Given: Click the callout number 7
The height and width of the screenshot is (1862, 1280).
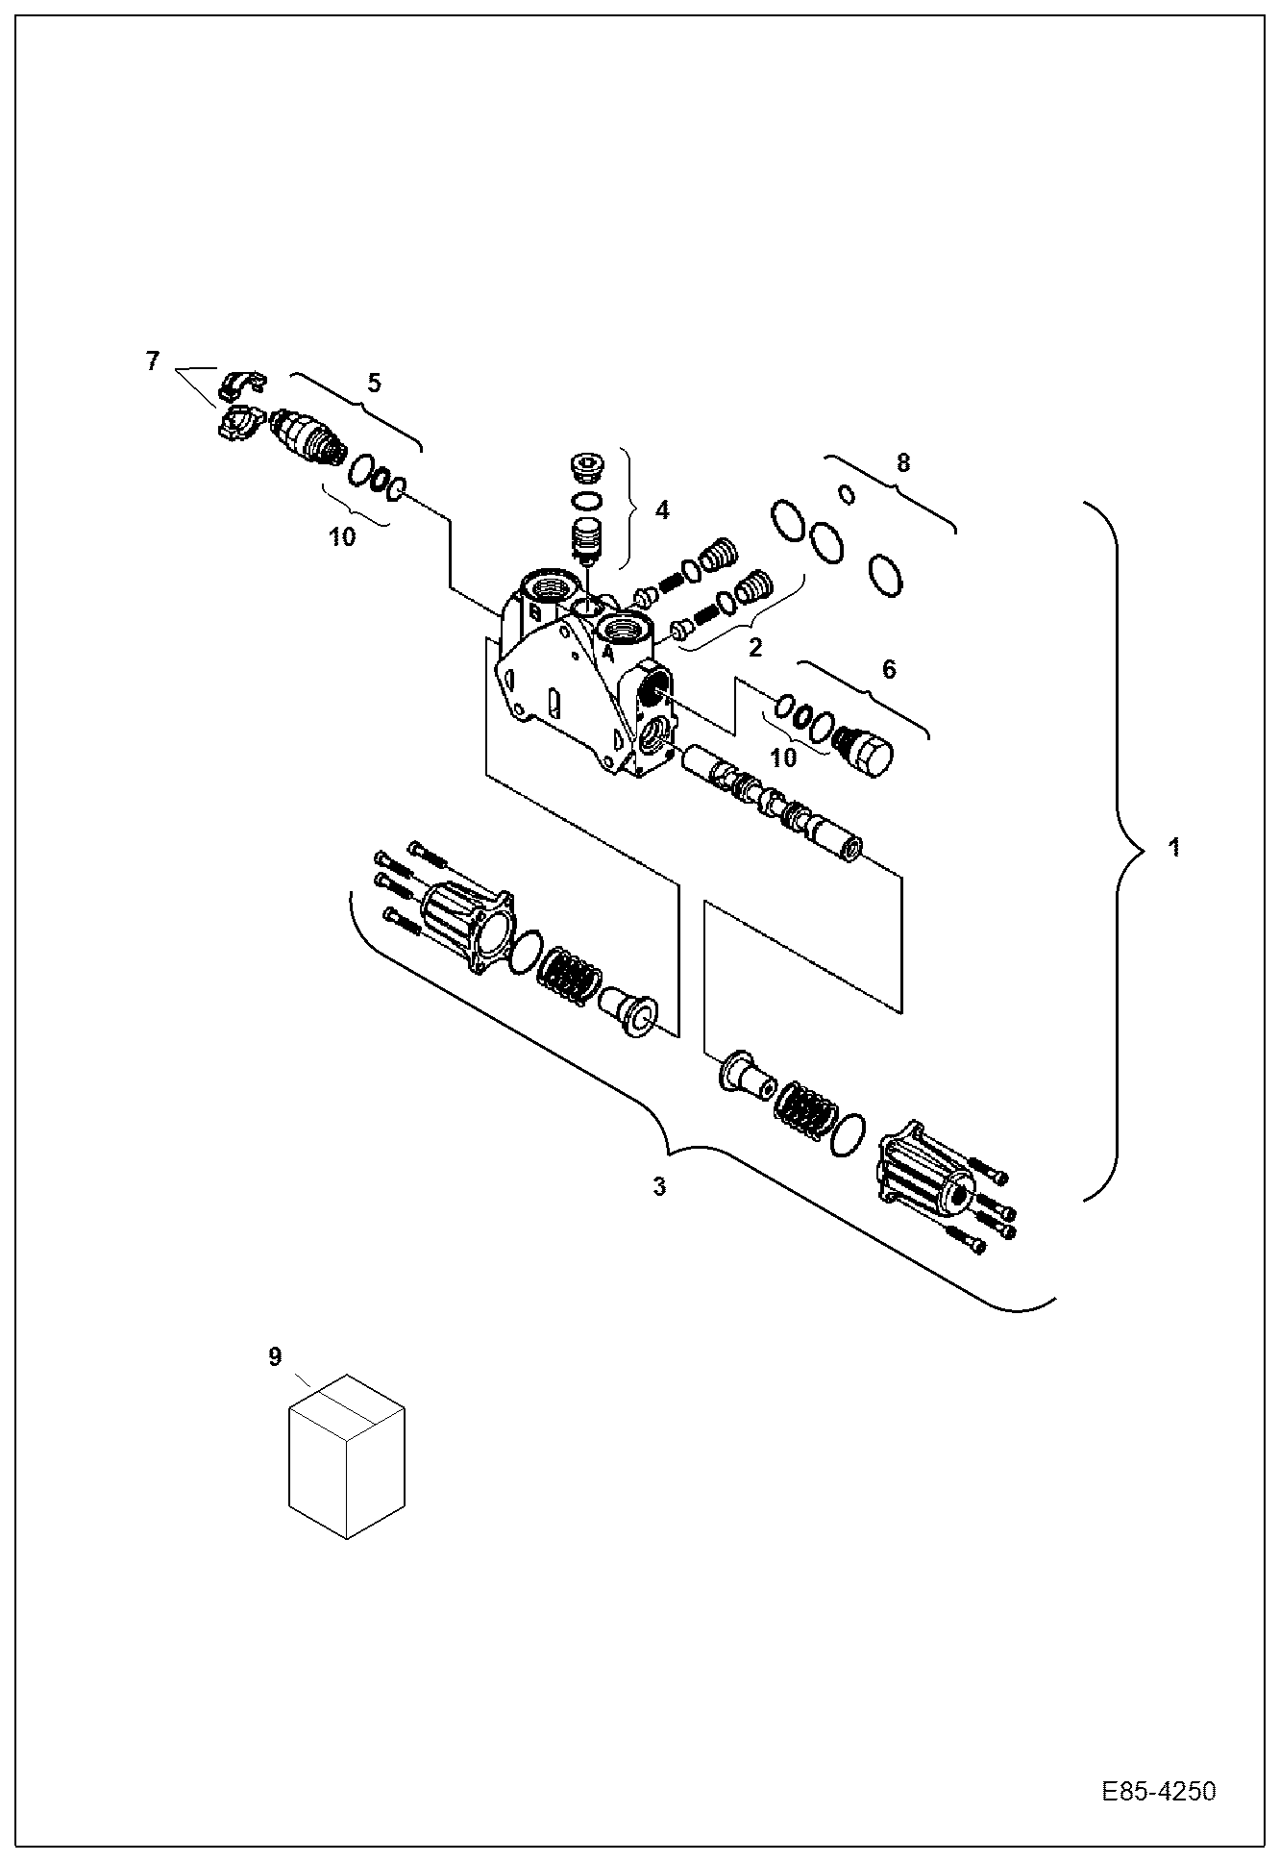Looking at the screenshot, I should tap(152, 361).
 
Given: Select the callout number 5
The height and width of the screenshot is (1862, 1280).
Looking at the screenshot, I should tap(374, 383).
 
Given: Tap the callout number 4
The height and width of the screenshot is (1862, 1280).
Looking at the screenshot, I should tap(662, 509).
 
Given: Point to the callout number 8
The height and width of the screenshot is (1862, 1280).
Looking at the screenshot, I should tap(902, 463).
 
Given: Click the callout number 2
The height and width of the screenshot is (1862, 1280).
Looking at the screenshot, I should tap(755, 647).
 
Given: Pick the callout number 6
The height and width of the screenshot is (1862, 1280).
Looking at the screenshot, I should tap(888, 669).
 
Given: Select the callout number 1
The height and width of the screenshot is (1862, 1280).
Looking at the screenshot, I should tap(1173, 848).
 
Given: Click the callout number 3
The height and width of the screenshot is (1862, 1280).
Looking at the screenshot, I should tap(659, 1187).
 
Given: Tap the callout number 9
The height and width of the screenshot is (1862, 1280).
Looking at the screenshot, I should tap(275, 1356).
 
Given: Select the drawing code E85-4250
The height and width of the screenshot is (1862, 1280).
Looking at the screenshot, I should tap(1158, 1792).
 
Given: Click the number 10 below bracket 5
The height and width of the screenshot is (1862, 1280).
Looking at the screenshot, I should tap(342, 536).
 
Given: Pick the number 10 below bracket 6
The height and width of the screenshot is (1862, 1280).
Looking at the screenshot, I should tap(783, 757).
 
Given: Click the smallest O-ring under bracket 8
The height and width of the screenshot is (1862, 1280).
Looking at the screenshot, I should tap(847, 494).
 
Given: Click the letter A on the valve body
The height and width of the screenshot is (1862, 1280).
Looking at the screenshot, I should tap(607, 653).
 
